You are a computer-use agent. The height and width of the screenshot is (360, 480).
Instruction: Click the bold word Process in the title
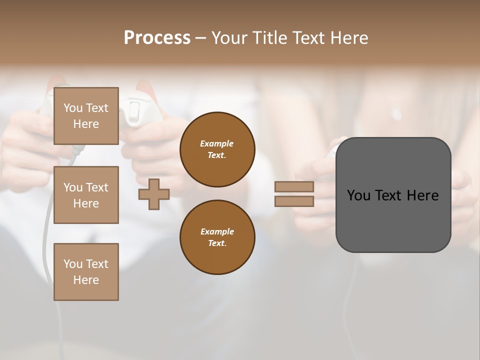[157, 38]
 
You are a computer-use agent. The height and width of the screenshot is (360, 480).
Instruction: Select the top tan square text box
[86, 116]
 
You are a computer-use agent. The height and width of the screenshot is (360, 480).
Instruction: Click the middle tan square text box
[86, 195]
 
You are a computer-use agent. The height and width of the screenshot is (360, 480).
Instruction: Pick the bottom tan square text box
[86, 272]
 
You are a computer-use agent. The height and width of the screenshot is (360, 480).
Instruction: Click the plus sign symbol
[154, 194]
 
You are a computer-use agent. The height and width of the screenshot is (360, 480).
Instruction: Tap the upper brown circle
[217, 149]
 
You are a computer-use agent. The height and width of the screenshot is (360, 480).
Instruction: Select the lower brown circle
[217, 237]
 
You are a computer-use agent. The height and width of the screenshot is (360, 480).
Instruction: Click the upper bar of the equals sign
[294, 187]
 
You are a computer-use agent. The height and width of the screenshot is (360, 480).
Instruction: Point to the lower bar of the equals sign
[294, 201]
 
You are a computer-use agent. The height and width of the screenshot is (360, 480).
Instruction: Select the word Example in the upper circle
[217, 143]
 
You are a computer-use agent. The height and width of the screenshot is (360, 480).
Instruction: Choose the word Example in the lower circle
[217, 231]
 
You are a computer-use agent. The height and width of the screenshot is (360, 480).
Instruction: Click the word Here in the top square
[86, 124]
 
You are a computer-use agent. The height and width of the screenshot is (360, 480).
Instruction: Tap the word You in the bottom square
[73, 264]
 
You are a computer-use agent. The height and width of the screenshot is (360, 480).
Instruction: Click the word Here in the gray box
[422, 195]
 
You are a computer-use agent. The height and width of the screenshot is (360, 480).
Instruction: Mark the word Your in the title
[228, 38]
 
